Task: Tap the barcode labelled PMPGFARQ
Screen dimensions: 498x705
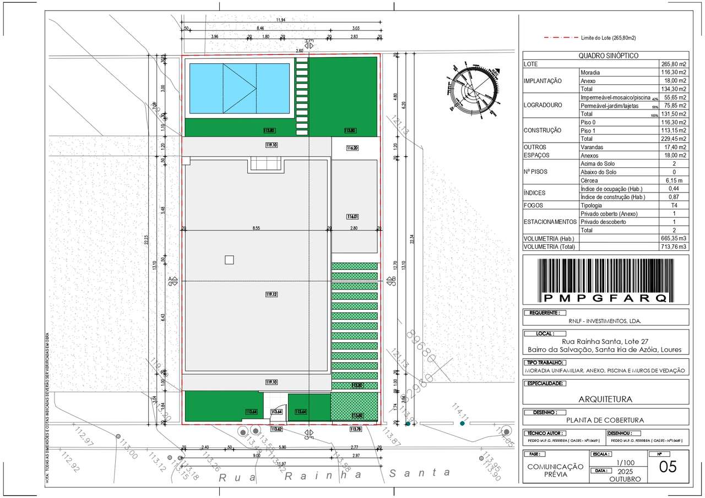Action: (x=605, y=280)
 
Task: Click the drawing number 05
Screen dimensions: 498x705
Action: (x=668, y=467)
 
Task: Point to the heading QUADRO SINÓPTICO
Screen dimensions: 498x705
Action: (x=608, y=56)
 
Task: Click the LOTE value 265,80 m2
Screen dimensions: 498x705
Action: (x=674, y=64)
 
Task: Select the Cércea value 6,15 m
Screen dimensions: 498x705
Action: (x=674, y=180)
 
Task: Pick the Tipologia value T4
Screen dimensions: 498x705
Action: (x=674, y=205)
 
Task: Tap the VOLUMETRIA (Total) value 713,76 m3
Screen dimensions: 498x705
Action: (x=674, y=247)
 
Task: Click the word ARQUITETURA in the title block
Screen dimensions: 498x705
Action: (x=605, y=399)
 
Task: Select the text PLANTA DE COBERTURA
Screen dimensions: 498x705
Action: (x=605, y=420)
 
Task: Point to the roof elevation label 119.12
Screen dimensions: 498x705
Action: (x=272, y=294)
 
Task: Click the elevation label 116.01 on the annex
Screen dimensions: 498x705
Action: (x=352, y=216)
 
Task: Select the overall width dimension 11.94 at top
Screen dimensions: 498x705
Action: (x=281, y=20)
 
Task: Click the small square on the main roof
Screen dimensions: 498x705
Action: (x=229, y=260)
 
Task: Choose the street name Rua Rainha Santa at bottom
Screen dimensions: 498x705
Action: (x=334, y=475)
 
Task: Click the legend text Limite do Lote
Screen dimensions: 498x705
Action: (x=608, y=38)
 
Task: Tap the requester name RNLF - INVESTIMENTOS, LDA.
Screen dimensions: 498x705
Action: (x=604, y=321)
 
